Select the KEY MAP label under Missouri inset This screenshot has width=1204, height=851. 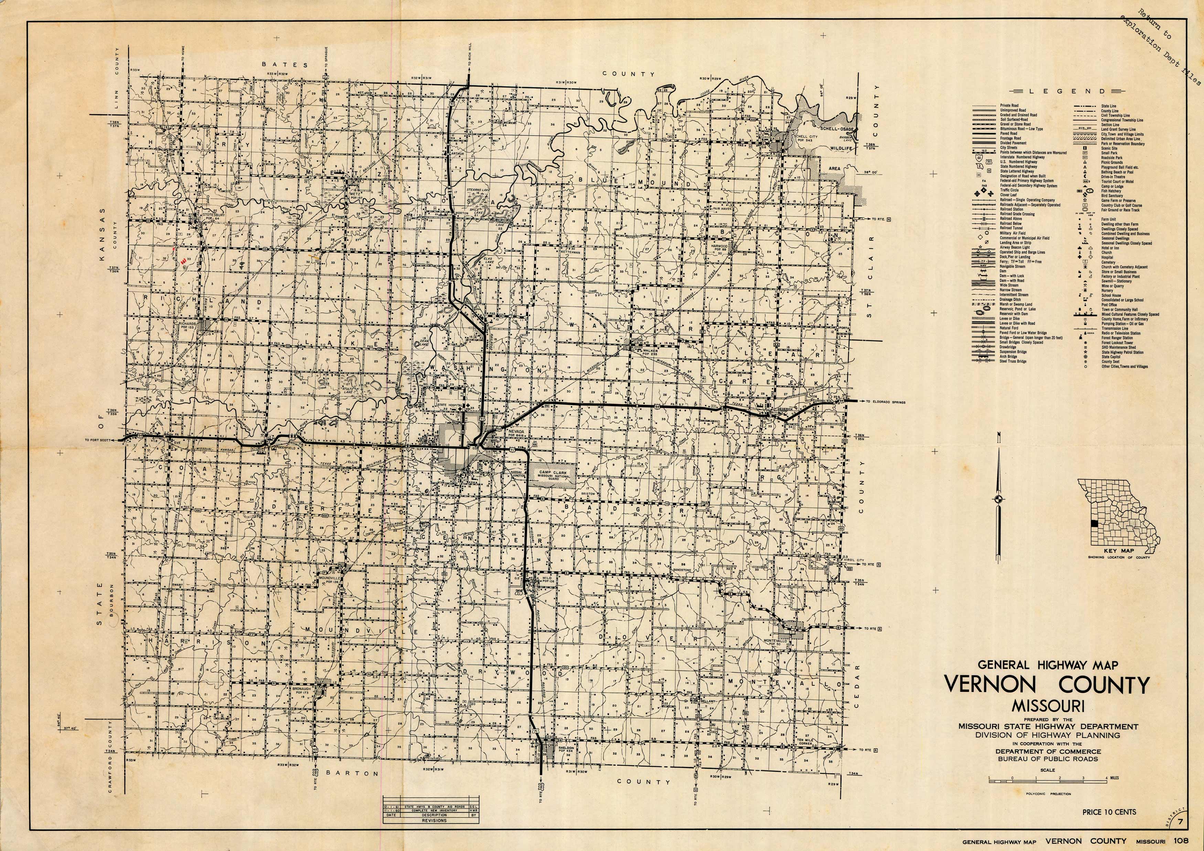(x=1114, y=551)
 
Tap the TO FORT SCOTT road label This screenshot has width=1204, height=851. (x=98, y=440)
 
